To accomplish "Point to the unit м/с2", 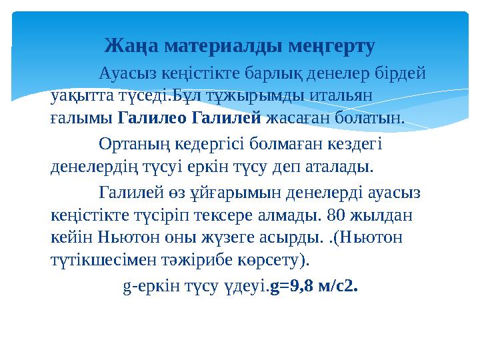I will pyautogui.click(x=340, y=288).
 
